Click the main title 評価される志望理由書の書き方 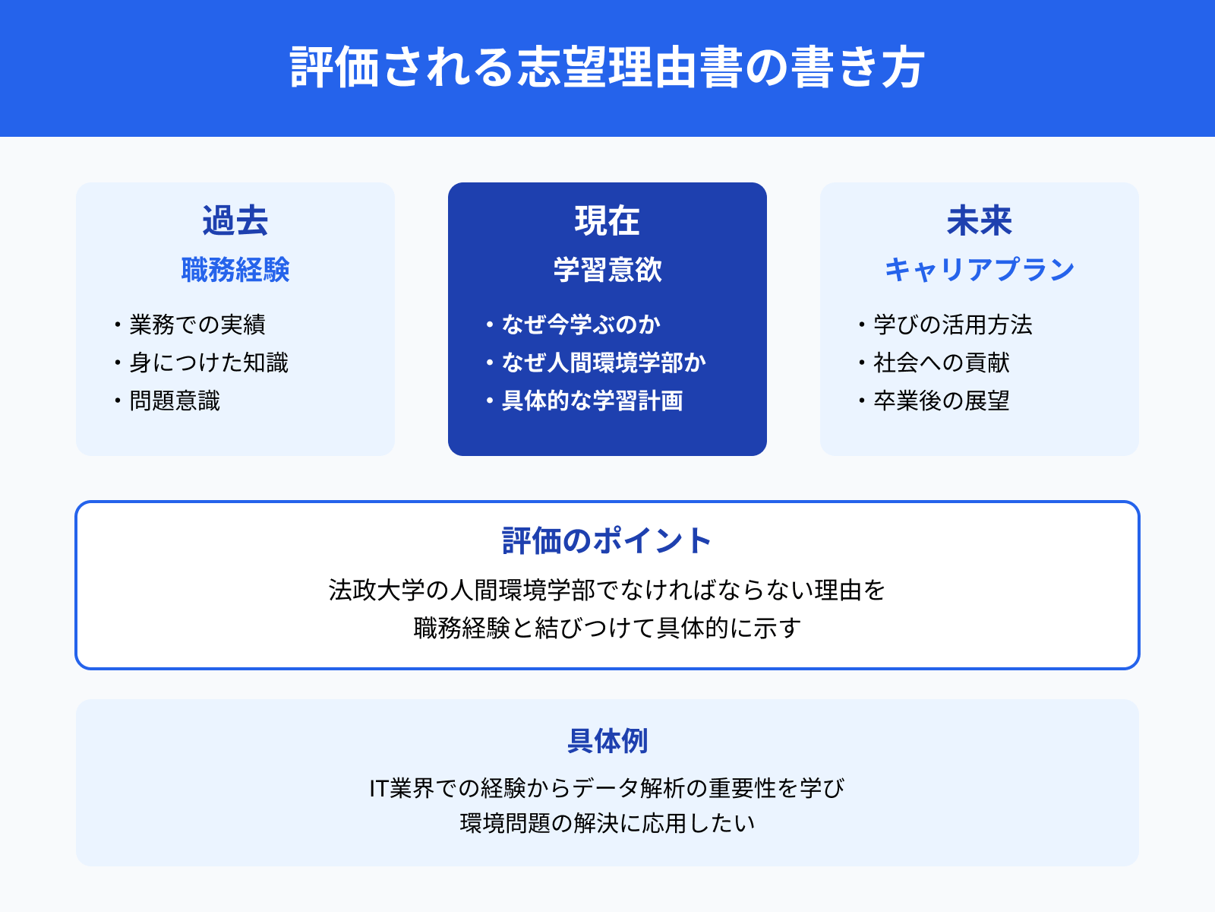coord(607,68)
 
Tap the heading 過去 coord(235,221)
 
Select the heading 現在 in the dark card coord(607,221)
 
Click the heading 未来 coord(979,221)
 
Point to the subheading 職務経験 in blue coord(235,271)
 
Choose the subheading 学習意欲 coord(607,271)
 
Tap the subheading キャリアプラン coord(979,271)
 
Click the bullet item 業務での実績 coord(197,325)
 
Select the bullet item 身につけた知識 coord(209,363)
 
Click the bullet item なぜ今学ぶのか coord(581,325)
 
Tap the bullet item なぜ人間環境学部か coord(604,363)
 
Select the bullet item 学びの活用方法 coord(953,325)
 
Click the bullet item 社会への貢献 coord(942,363)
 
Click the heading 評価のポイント coord(607,541)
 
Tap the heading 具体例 coord(607,741)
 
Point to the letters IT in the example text coord(379,789)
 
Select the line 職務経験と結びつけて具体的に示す coord(607,628)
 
